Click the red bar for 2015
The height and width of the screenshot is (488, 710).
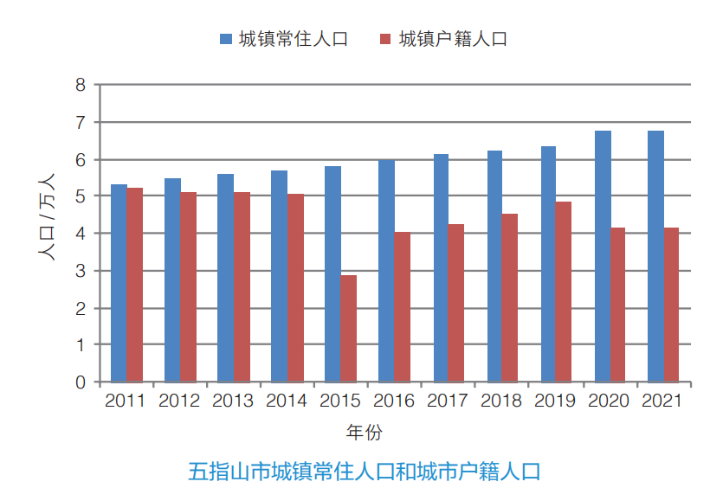(349, 329)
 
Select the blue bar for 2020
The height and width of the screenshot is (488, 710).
(603, 256)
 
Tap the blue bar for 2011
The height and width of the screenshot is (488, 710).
(119, 283)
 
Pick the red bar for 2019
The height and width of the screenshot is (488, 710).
(563, 292)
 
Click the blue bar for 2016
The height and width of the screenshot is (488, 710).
(387, 271)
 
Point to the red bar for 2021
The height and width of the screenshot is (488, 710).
(671, 305)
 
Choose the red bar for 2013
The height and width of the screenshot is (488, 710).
(242, 287)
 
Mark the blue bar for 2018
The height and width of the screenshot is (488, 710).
(494, 266)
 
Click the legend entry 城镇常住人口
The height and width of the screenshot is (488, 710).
(294, 39)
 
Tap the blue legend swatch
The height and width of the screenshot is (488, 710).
(226, 39)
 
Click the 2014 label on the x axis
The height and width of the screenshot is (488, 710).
(287, 401)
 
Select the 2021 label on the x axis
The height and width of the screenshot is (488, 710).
(662, 401)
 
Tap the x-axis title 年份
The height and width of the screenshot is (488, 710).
(365, 432)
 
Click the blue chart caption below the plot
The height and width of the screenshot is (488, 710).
(364, 472)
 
